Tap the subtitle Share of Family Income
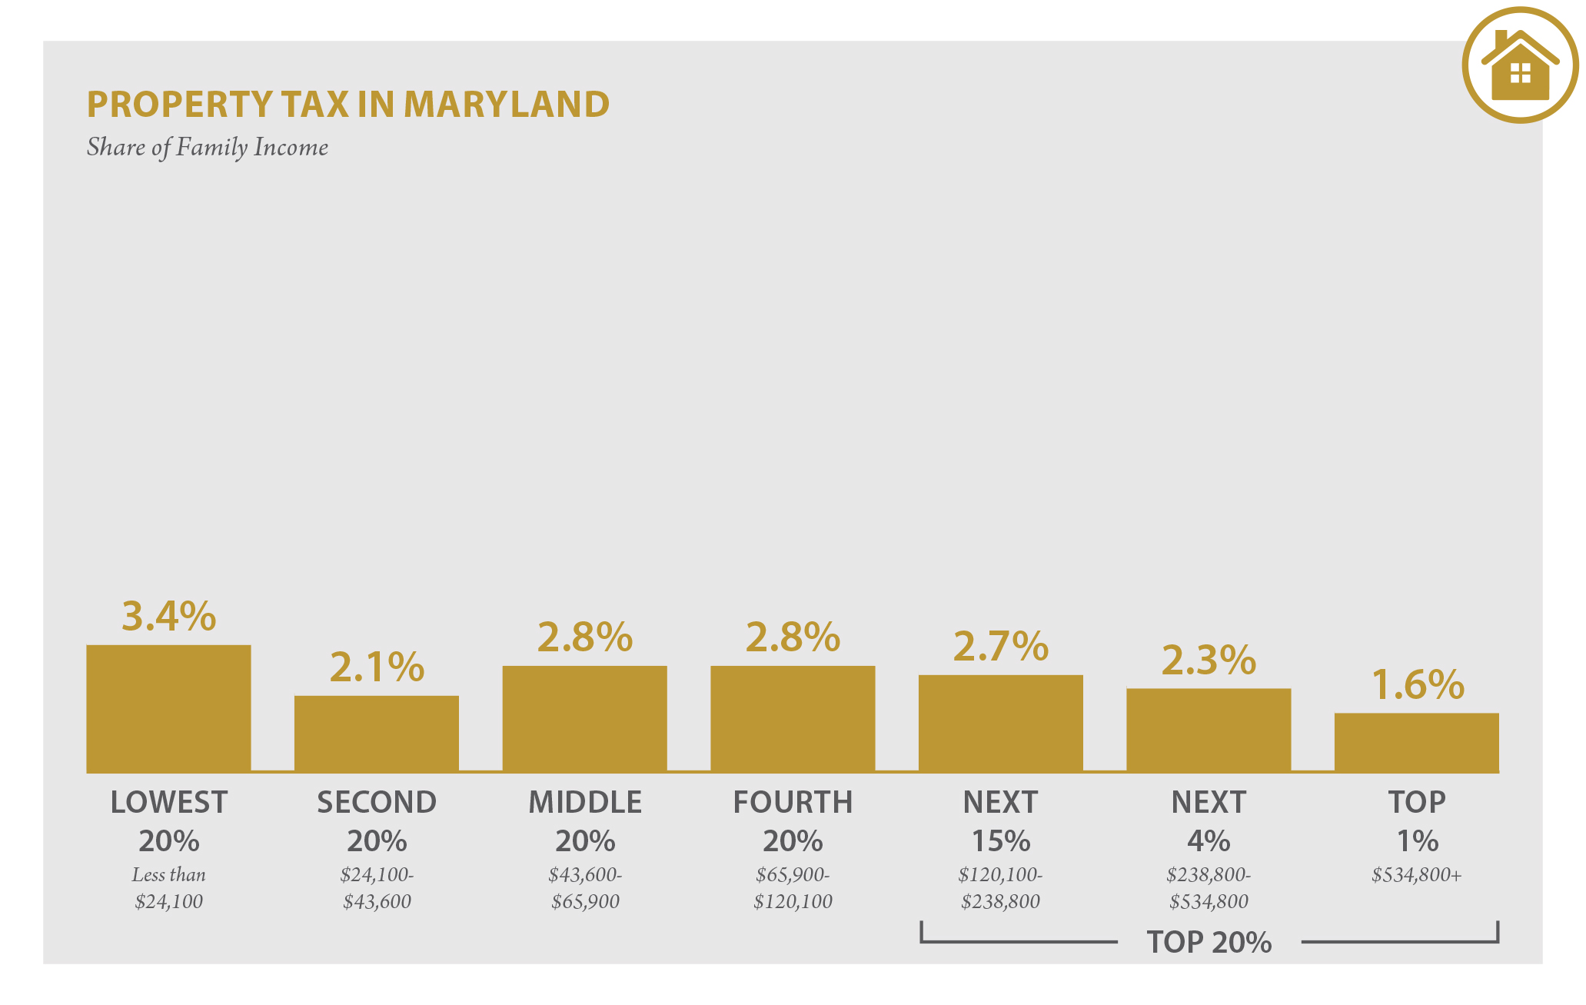tap(207, 147)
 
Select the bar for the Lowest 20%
tap(168, 708)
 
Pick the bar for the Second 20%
tap(376, 734)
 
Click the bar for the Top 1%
tap(1416, 742)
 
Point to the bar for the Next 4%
tap(1208, 730)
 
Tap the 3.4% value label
tap(168, 616)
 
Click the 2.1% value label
tap(376, 667)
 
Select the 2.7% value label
tap(1000, 646)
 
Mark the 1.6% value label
tap(1417, 684)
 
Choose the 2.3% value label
tap(1208, 660)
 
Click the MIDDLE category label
tap(584, 802)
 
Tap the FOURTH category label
tap(793, 802)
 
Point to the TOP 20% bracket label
tap(1209, 942)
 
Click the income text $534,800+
tap(1416, 875)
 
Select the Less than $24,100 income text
tap(168, 888)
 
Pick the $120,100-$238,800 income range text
tap(1000, 888)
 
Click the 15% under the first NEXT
tap(1000, 840)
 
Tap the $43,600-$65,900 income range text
tap(584, 888)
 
